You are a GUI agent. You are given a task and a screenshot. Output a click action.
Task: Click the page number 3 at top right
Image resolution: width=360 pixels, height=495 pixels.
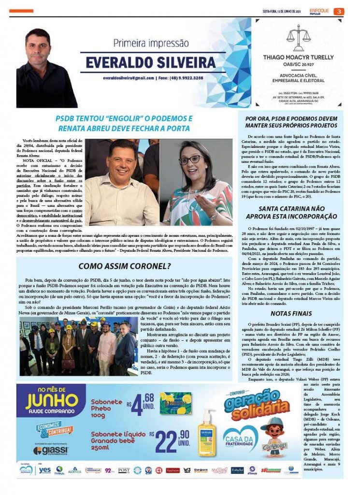pyautogui.click(x=340, y=12)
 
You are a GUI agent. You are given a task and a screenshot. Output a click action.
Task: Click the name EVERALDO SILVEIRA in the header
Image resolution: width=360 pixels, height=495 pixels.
pyautogui.click(x=150, y=63)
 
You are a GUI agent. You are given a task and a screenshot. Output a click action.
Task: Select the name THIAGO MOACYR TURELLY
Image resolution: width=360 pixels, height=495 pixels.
pyautogui.click(x=299, y=57)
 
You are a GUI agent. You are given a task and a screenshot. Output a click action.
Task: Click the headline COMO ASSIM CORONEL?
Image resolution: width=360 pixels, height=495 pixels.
pyautogui.click(x=124, y=266)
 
